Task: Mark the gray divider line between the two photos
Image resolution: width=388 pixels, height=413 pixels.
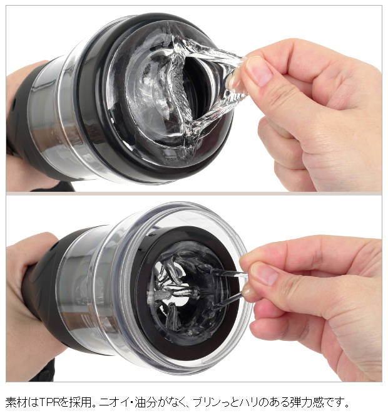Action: [x=194, y=193]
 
